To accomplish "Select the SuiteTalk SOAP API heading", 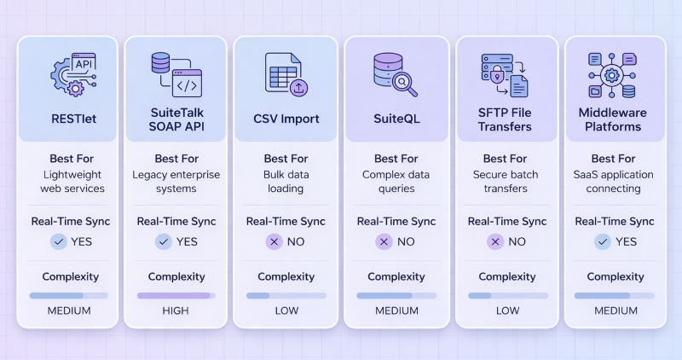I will coord(176,119).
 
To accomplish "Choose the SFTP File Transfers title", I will coord(506,119).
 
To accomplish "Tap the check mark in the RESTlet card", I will coord(58,241).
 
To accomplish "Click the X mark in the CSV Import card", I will coord(275,241).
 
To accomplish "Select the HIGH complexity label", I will coord(176,311).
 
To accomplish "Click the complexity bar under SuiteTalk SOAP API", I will coord(176,295).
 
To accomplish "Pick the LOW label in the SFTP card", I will coord(506,311).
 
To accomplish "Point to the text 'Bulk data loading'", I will coord(286,182).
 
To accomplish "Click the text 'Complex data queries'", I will coord(396,182).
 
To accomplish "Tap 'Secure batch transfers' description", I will coord(506,182).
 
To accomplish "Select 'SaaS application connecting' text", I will coord(616,182).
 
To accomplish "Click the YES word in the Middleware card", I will coord(625,241).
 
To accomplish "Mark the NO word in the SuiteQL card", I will coord(406,241).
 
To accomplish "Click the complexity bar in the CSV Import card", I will coord(286,295).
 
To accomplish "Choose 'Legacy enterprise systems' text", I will coord(176,182).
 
